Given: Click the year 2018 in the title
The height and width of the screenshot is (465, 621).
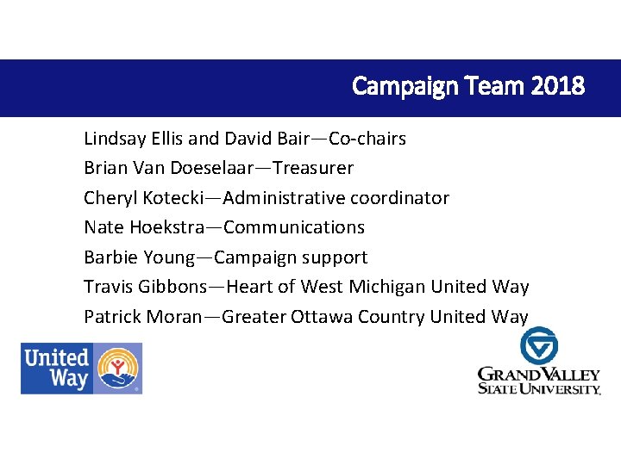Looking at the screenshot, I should click(559, 86).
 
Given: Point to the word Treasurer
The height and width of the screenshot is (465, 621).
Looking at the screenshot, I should click(313, 168).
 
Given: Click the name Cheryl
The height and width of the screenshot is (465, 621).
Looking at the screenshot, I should click(109, 198).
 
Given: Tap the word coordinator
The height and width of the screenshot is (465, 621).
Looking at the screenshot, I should click(399, 198).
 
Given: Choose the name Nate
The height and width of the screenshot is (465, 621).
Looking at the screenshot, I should click(103, 227).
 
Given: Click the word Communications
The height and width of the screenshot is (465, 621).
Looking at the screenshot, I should click(293, 227).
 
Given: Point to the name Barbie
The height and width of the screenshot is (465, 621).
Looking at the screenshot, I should click(110, 257).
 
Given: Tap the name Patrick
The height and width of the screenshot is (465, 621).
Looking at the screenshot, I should click(113, 317).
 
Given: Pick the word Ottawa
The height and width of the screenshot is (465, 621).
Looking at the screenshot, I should click(321, 317).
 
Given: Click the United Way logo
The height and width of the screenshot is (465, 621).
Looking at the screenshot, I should click(82, 369).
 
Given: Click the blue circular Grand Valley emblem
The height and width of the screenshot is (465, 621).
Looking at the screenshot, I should click(539, 345).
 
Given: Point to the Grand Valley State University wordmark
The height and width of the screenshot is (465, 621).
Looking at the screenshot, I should click(539, 380).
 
